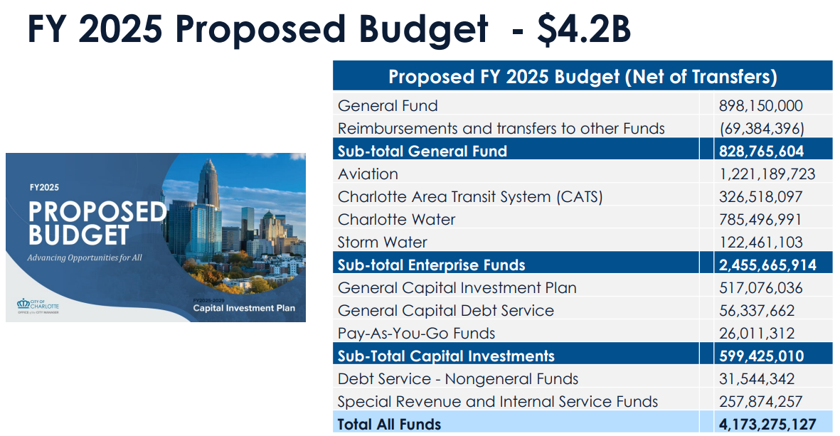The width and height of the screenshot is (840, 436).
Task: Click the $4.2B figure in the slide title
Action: (584, 29)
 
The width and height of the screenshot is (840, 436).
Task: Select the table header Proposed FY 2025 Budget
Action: (504, 77)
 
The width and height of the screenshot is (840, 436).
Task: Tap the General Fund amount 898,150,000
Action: (761, 105)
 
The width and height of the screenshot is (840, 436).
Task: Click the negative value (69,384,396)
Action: (762, 129)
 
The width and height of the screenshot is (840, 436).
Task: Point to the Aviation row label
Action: (368, 174)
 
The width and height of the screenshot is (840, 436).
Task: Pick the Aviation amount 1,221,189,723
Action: (767, 174)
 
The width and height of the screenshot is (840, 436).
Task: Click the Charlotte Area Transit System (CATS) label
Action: (470, 196)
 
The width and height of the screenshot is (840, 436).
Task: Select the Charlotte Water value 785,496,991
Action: (760, 220)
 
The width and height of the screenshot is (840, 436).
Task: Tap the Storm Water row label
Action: (383, 242)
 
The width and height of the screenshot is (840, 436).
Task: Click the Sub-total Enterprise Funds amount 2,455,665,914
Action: (767, 265)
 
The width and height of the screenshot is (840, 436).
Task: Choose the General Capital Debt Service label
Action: (446, 311)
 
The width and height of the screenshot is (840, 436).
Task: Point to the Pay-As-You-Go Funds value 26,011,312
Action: (757, 333)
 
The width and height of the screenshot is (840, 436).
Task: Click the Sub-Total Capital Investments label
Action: (446, 356)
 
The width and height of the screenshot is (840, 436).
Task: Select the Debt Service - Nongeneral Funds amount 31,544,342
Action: (757, 378)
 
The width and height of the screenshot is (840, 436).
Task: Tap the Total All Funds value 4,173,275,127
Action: (767, 424)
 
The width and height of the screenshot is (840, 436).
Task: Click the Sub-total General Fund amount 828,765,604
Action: (761, 151)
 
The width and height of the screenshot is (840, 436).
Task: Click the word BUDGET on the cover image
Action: (78, 235)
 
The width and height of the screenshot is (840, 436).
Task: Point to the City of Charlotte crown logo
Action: (23, 304)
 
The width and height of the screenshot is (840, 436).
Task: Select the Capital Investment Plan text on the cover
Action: (244, 308)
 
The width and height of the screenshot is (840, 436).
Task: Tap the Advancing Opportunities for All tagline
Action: (85, 257)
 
